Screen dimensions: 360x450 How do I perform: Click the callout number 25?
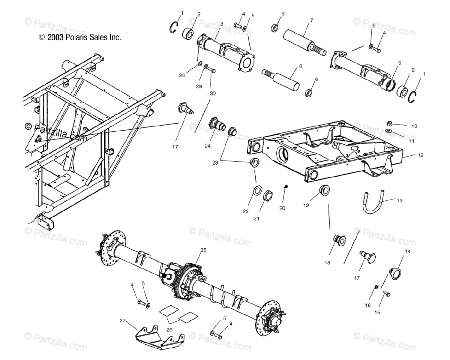click(203, 250)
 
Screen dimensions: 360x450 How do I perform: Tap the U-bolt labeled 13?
click(372, 204)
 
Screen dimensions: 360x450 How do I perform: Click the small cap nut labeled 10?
click(390, 123)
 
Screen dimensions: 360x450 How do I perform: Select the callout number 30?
click(213, 93)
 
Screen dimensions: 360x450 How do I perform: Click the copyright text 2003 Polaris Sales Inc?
click(80, 37)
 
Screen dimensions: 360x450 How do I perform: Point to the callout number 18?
click(327, 263)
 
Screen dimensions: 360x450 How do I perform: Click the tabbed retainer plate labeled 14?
click(394, 272)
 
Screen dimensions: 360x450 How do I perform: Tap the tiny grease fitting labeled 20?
click(285, 187)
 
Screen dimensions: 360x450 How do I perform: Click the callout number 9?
click(400, 63)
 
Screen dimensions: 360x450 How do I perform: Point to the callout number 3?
click(222, 24)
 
